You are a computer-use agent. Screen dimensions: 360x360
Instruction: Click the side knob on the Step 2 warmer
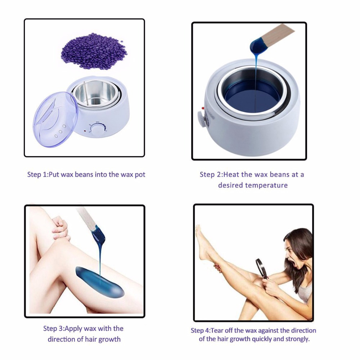click(200, 119)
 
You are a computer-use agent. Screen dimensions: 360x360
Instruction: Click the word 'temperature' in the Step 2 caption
click(266, 185)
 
